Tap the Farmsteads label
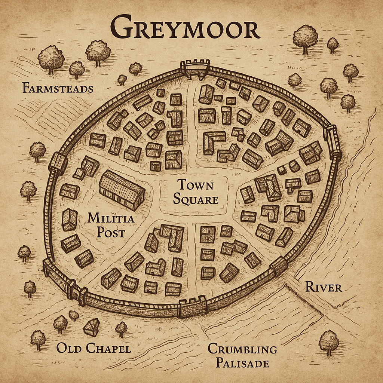point(57,89)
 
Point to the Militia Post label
point(110,225)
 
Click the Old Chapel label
point(94,349)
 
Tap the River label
point(324,287)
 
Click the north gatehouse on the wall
point(194,69)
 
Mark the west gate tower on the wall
point(58,163)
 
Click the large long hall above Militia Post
point(122,190)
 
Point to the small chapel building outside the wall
point(92,328)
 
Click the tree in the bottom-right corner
point(329,342)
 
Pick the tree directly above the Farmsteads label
point(51,59)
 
